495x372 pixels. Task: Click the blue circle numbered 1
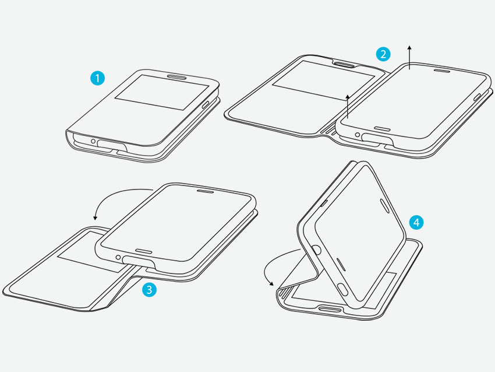[98, 78]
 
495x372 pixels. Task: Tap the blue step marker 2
[383, 54]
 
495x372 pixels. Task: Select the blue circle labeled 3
[149, 290]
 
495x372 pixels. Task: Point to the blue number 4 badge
[416, 223]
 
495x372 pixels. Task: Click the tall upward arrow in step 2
[409, 57]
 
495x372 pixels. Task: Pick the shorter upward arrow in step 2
[348, 106]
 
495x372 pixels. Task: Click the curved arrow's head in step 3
[95, 217]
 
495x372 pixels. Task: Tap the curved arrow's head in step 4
[271, 283]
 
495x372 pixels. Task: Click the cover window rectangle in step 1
[162, 92]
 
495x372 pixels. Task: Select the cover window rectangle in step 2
[323, 80]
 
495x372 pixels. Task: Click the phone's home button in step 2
[382, 129]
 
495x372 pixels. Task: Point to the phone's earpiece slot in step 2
[442, 71]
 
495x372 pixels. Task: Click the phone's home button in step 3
[144, 251]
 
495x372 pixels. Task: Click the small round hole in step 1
[93, 141]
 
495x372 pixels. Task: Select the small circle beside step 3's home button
[118, 257]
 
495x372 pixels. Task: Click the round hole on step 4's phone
[317, 250]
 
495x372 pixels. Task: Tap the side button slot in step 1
[206, 104]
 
